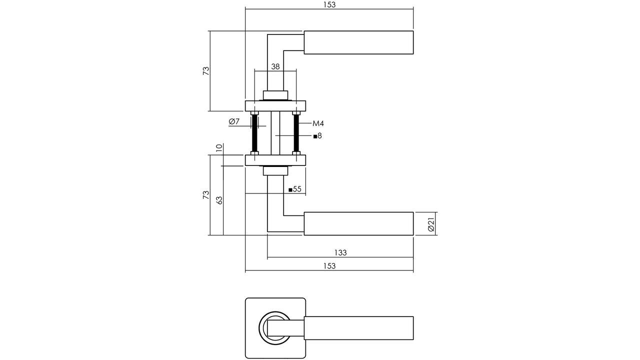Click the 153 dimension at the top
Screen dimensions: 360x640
click(329, 4)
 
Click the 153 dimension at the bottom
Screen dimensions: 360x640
click(329, 266)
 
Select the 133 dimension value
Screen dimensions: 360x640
click(340, 253)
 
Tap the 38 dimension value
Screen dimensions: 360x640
click(275, 66)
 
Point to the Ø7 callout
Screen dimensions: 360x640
click(234, 121)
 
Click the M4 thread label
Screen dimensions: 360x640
click(318, 123)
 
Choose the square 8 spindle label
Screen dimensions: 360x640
click(317, 135)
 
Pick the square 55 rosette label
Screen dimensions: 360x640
click(295, 189)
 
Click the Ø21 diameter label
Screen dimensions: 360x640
click(431, 223)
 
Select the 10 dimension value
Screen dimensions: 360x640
click(218, 148)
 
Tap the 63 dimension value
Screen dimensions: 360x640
click(218, 200)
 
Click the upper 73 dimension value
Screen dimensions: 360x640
click(205, 70)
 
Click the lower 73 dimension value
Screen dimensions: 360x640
click(205, 195)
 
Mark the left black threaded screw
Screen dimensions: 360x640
click(254, 133)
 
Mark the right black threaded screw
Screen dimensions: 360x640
click(296, 133)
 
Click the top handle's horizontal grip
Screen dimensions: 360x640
click(358, 42)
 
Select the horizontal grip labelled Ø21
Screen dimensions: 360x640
click(358, 223)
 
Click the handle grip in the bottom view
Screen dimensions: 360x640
click(358, 328)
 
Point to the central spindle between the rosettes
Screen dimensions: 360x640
click(275, 133)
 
